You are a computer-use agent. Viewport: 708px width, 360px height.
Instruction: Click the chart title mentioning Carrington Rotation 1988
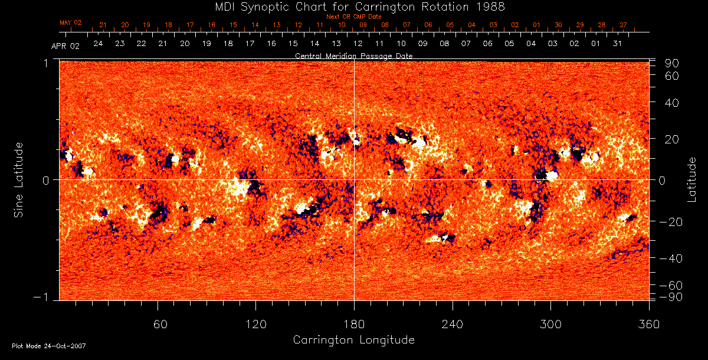[x=353, y=6]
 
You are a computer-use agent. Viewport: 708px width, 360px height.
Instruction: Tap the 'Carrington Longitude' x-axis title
[x=353, y=340]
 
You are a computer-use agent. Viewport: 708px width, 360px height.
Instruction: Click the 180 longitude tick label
[x=354, y=325]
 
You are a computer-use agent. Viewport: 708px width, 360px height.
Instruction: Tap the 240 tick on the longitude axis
[x=453, y=325]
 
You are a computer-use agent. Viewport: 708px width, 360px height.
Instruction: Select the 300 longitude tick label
[x=550, y=325]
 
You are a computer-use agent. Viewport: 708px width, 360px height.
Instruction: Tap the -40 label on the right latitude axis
[x=672, y=259]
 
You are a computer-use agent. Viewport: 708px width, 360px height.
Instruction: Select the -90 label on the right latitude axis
[x=672, y=296]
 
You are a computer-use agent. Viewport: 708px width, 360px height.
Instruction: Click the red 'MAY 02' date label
[x=71, y=22]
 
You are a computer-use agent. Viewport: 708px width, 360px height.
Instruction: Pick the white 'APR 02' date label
[x=65, y=45]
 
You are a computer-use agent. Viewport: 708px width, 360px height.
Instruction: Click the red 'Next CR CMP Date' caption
[x=354, y=17]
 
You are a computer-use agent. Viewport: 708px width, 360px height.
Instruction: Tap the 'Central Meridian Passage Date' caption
[x=354, y=55]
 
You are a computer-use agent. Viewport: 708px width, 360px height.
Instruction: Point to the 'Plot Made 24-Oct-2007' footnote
[x=49, y=346]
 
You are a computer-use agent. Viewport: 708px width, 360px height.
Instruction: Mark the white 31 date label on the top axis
[x=617, y=44]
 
